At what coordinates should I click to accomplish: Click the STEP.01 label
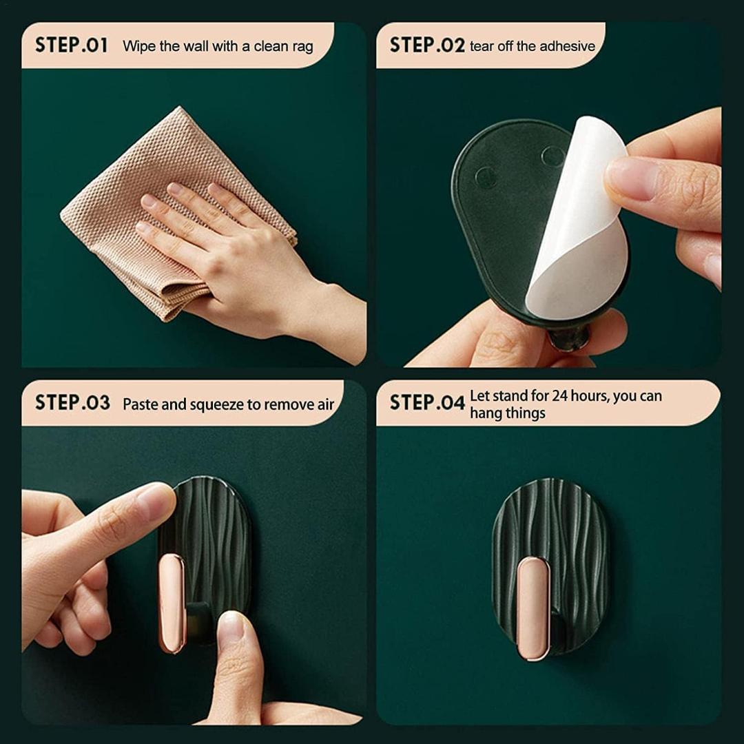point(71,45)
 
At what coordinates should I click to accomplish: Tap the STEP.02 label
point(427,45)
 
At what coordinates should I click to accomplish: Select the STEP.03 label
point(72,402)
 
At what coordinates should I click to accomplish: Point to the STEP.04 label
point(427,402)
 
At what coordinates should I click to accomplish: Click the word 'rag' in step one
point(302,48)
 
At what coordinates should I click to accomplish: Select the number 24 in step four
point(559,395)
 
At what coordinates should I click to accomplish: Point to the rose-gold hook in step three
point(172,603)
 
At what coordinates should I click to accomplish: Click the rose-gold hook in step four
point(533,609)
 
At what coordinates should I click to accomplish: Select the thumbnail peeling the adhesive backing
point(630,178)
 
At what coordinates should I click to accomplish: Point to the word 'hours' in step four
point(588,395)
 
